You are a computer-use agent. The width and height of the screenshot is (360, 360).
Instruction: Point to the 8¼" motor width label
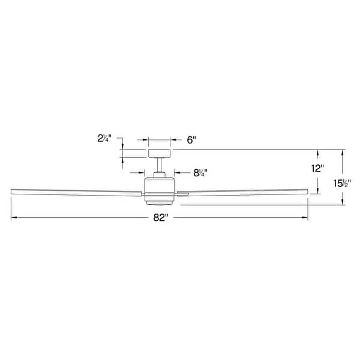tap(200, 173)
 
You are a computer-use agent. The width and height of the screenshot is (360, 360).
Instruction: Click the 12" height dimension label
tap(317, 169)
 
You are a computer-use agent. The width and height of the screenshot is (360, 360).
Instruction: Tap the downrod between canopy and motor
tap(160, 165)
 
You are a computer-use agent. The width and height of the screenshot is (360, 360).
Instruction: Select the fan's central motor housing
tap(159, 186)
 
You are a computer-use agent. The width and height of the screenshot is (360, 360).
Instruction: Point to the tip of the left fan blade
tap(13, 191)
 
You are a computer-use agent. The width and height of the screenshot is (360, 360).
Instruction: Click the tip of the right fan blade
tap(307, 191)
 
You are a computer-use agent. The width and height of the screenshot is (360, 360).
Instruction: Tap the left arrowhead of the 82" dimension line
tap(13, 218)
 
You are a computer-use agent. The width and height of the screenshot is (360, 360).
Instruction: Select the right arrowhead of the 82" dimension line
tap(306, 218)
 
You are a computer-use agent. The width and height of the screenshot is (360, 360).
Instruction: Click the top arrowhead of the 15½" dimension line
tap(343, 151)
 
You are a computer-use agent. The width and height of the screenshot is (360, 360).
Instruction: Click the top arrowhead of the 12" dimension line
tap(317, 151)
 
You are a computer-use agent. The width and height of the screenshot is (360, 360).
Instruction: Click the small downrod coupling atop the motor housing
tap(160, 175)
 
